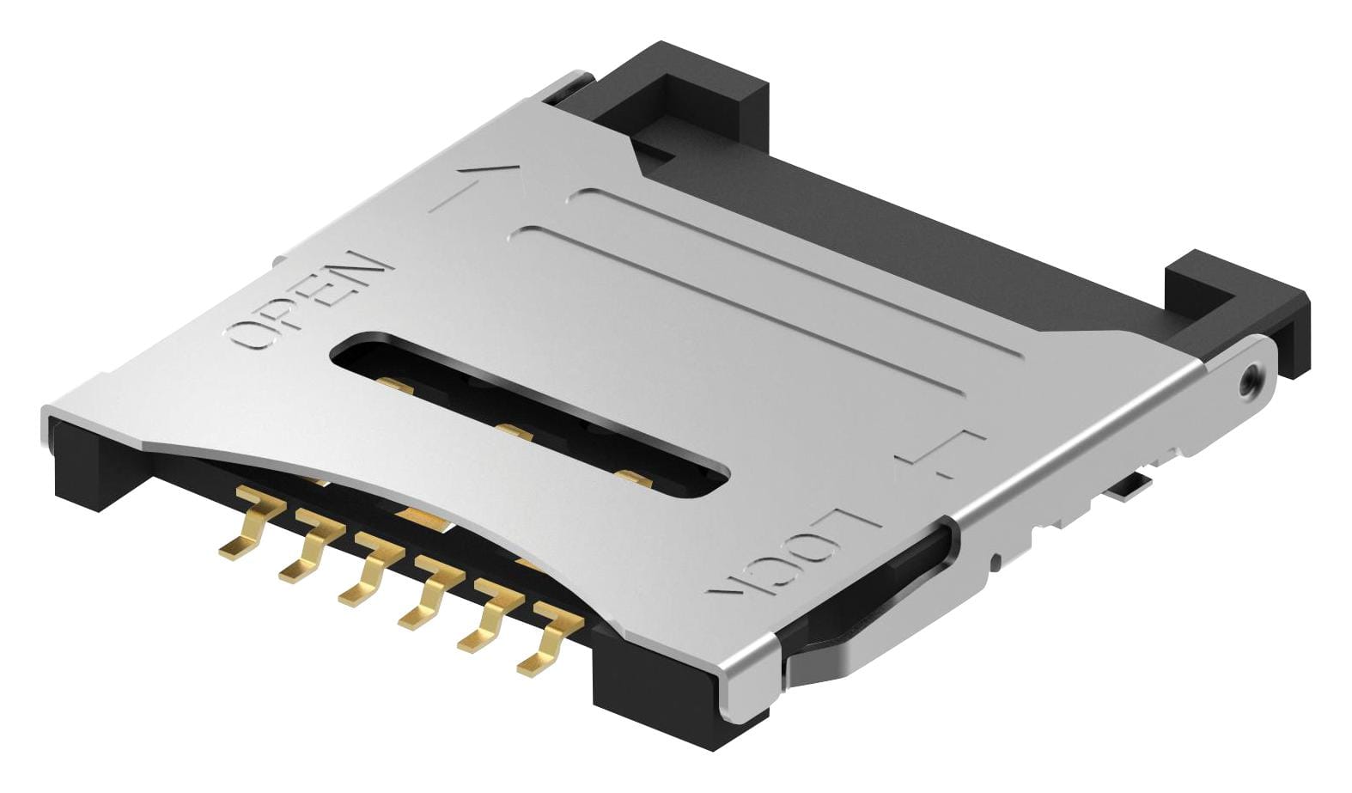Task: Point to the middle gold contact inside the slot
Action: [514, 432]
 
